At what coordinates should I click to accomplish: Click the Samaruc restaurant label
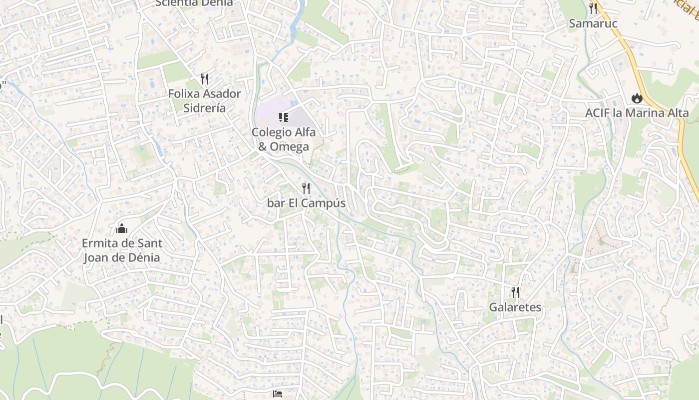pyautogui.click(x=593, y=23)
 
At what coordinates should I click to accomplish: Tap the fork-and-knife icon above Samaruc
pyautogui.click(x=593, y=8)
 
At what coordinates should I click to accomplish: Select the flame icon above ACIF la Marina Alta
pyautogui.click(x=637, y=98)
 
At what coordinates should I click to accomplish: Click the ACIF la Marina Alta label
pyautogui.click(x=637, y=113)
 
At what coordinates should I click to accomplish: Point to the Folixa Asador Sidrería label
pyautogui.click(x=204, y=100)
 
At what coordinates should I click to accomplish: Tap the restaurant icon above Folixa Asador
pyautogui.click(x=204, y=78)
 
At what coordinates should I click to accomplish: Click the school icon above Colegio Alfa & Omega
pyautogui.click(x=284, y=117)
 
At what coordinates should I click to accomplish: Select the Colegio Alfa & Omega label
pyautogui.click(x=284, y=139)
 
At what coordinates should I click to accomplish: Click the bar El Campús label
pyautogui.click(x=306, y=203)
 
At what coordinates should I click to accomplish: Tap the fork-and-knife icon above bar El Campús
pyautogui.click(x=306, y=188)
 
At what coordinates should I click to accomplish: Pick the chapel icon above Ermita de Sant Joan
pyautogui.click(x=122, y=229)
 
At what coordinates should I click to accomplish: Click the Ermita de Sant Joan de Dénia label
pyautogui.click(x=122, y=250)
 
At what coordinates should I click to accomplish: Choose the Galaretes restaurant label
pyautogui.click(x=515, y=307)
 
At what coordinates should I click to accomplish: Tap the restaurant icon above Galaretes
pyautogui.click(x=515, y=292)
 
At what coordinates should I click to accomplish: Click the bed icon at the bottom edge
pyautogui.click(x=278, y=394)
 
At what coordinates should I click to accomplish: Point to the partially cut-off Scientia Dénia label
pyautogui.click(x=194, y=3)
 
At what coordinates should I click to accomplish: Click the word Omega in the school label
pyautogui.click(x=290, y=146)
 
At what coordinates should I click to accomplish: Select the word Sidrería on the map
pyautogui.click(x=205, y=108)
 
